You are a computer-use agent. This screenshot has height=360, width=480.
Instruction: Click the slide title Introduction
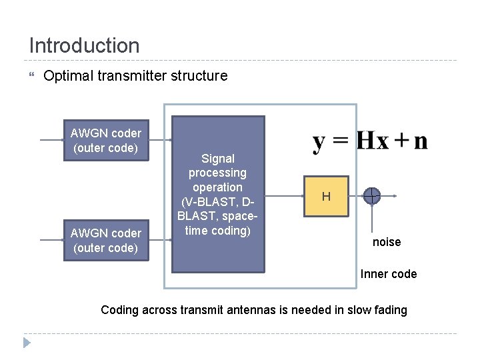(x=84, y=45)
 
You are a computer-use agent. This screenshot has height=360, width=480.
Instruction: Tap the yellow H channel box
(x=326, y=196)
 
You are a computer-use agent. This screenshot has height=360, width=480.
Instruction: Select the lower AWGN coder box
(x=107, y=241)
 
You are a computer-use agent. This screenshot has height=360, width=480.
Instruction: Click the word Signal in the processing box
(x=218, y=159)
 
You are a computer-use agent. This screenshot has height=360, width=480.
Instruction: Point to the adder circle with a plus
(x=371, y=196)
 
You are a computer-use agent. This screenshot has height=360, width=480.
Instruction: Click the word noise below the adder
(x=387, y=242)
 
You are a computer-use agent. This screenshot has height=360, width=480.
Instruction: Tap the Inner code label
(x=389, y=274)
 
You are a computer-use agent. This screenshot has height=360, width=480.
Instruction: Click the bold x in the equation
(x=383, y=141)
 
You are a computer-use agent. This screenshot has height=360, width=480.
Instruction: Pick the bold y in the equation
(x=321, y=142)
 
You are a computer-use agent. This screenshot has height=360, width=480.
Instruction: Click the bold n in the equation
(x=420, y=141)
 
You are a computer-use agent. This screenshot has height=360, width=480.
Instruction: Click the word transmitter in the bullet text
(x=131, y=76)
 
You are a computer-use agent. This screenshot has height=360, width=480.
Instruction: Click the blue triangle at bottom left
(x=27, y=343)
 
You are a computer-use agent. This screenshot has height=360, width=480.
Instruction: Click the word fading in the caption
(x=390, y=310)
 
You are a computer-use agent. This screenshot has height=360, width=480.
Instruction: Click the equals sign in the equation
(x=341, y=141)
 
